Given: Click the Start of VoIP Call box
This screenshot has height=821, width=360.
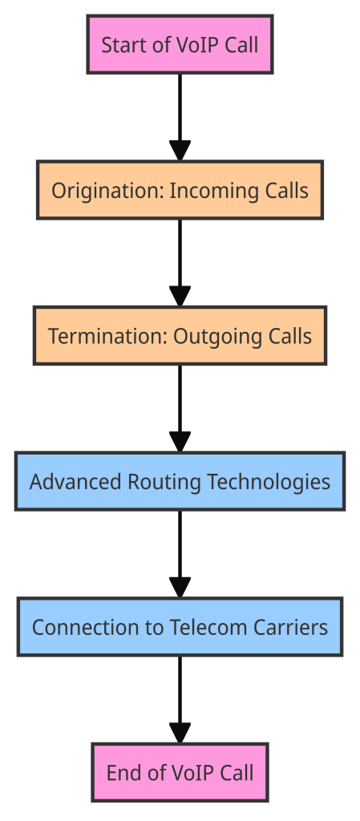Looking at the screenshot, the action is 180,45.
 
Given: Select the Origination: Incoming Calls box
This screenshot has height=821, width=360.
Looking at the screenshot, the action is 180,190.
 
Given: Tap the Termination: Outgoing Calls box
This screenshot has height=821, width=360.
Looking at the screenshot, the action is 180,336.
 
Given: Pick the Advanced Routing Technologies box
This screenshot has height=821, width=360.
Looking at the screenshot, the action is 180,481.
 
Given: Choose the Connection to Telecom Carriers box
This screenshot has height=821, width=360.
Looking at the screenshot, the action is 180,627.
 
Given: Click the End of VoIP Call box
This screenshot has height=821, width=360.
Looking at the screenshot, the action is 180,772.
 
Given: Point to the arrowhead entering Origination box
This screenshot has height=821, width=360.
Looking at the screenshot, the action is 180,151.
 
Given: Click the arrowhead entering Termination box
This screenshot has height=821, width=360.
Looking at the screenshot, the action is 180,297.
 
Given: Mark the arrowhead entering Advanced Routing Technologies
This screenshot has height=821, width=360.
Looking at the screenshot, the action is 180,442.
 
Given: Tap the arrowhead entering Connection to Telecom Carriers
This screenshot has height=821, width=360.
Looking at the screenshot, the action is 180,588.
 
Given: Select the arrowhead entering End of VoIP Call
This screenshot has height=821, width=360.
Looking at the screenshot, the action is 180,733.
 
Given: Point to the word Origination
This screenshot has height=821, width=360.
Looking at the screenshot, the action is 107,191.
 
